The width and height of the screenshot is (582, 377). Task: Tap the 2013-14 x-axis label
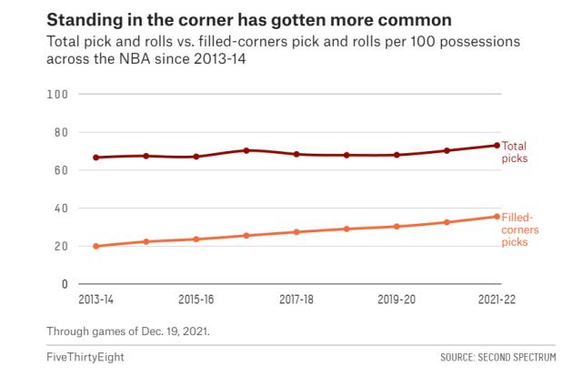click(95, 299)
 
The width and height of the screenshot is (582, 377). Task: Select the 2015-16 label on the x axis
click(196, 299)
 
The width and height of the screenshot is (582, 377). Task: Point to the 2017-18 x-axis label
click(296, 299)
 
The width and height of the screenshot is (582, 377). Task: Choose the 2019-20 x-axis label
click(396, 299)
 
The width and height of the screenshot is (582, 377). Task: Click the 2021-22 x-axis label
click(497, 299)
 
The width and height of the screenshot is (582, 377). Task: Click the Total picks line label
click(515, 152)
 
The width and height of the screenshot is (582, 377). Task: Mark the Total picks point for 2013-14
click(95, 158)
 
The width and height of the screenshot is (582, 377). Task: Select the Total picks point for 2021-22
click(497, 145)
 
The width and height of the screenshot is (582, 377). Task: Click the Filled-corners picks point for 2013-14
click(95, 246)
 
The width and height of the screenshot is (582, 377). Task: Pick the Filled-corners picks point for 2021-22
click(497, 216)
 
